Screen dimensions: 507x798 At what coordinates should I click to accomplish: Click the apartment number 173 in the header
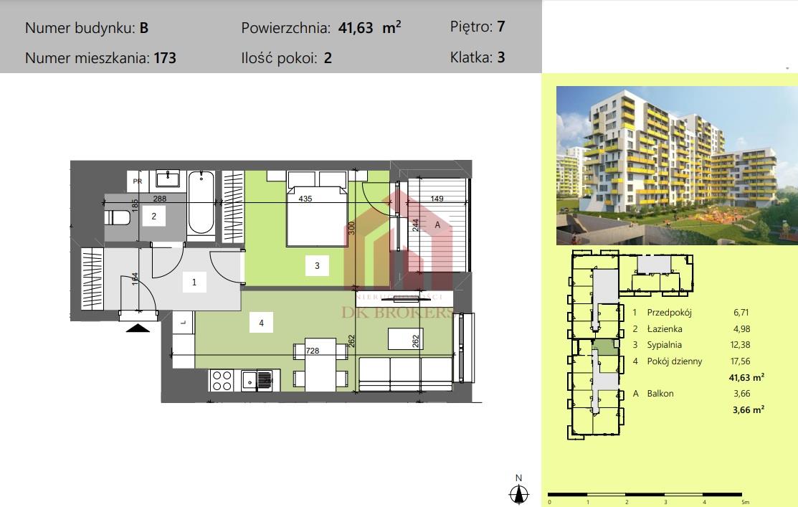click(x=164, y=58)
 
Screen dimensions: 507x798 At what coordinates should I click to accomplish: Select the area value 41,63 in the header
click(x=353, y=29)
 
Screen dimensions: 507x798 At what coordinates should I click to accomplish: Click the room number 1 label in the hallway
click(x=194, y=283)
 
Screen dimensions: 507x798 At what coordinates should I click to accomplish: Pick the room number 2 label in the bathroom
click(x=153, y=215)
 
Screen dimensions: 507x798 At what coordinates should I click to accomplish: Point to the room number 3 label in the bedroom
click(x=316, y=267)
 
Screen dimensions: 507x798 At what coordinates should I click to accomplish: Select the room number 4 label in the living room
click(x=262, y=323)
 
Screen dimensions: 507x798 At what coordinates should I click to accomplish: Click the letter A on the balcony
click(x=437, y=224)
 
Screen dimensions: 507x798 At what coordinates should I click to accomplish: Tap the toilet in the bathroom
click(x=117, y=217)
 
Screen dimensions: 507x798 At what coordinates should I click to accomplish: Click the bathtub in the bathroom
click(x=201, y=203)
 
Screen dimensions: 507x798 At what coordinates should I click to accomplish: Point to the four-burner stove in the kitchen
click(x=222, y=379)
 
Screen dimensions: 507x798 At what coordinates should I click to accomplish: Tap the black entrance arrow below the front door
click(x=138, y=328)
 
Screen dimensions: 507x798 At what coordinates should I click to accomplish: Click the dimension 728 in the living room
click(x=312, y=351)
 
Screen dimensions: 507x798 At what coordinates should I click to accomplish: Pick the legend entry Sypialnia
click(x=664, y=345)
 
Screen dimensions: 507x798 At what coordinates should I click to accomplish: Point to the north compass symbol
click(x=520, y=493)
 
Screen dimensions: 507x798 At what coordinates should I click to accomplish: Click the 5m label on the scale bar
click(x=746, y=502)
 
